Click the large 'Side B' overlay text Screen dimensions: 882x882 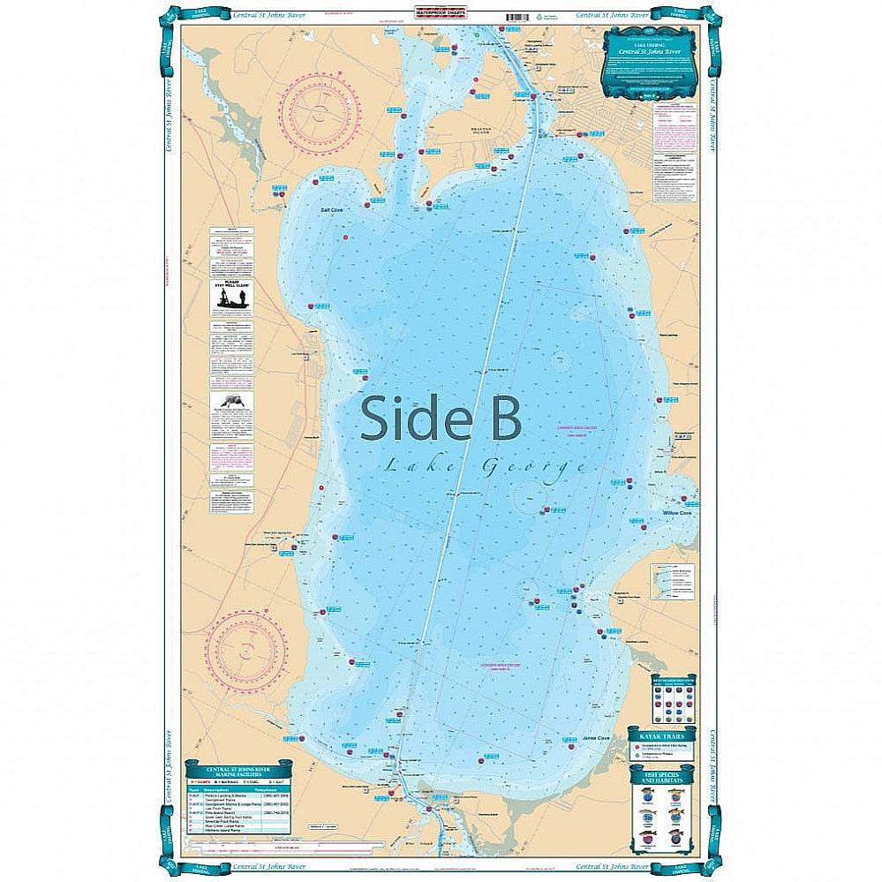pos(441,417)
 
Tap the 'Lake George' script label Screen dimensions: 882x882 pos(484,466)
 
